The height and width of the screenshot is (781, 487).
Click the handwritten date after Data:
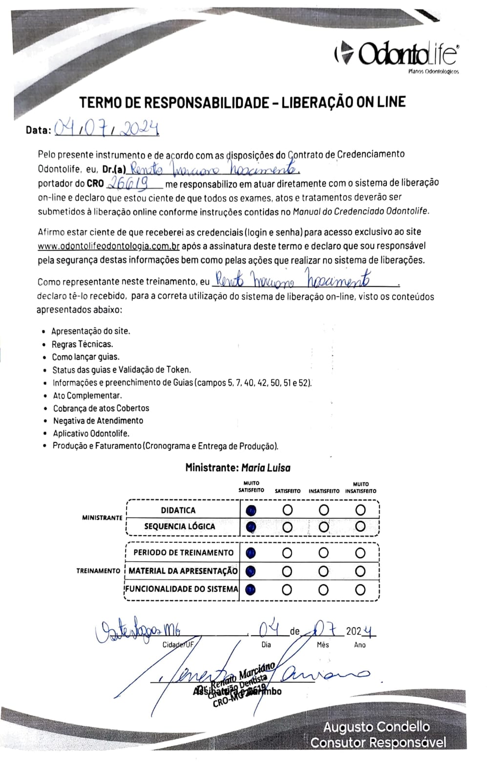pyautogui.click(x=106, y=128)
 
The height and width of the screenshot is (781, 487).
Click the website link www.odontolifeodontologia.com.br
pyautogui.click(x=108, y=246)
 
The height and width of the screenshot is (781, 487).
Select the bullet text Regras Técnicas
pyautogui.click(x=82, y=344)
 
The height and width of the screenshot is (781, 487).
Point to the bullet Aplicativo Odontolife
pyautogui.click(x=91, y=433)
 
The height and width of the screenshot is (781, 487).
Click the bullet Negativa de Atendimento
pyautogui.click(x=98, y=421)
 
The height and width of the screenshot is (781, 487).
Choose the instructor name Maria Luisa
pyautogui.click(x=266, y=468)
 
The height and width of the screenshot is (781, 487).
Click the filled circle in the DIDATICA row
pyautogui.click(x=251, y=511)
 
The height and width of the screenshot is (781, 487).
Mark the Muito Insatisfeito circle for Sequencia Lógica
pyautogui.click(x=360, y=527)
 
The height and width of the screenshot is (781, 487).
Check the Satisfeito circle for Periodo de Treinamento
pyautogui.click(x=287, y=553)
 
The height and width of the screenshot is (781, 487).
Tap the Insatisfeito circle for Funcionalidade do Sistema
pyautogui.click(x=323, y=590)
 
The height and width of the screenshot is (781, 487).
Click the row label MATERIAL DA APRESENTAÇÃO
pyautogui.click(x=183, y=571)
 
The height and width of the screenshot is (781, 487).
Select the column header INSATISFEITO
pyautogui.click(x=323, y=491)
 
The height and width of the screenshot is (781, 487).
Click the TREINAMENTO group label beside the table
pyautogui.click(x=98, y=571)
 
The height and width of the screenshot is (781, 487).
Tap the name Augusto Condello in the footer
pyautogui.click(x=376, y=727)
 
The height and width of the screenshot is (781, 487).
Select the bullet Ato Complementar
pyautogui.click(x=87, y=396)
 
